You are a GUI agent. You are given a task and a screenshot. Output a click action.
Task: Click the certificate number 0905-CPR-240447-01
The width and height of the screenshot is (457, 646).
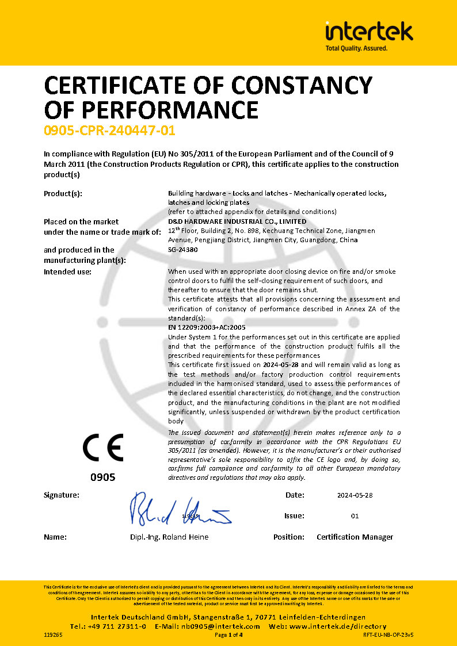(x=109, y=131)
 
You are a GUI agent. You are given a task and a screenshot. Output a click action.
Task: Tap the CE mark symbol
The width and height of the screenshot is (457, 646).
(x=103, y=448)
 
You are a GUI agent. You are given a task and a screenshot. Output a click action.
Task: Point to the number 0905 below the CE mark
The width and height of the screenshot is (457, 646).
(x=103, y=477)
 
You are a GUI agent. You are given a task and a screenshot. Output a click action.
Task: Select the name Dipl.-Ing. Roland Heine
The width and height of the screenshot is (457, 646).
(x=169, y=537)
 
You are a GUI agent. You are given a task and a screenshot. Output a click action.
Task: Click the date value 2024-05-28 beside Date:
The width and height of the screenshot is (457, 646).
(x=355, y=495)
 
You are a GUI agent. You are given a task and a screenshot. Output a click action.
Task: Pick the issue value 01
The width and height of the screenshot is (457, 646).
(x=355, y=516)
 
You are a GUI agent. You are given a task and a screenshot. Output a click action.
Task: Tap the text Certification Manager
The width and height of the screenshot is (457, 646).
(x=355, y=537)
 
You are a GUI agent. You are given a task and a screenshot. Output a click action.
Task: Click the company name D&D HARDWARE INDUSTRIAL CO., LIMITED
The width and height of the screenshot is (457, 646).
(x=237, y=221)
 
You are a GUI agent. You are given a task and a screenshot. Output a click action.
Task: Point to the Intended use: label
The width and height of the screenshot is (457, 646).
(x=68, y=272)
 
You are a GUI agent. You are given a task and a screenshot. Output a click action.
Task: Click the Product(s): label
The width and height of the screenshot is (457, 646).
(x=63, y=193)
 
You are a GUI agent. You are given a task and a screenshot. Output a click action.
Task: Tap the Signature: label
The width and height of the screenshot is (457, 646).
(x=62, y=495)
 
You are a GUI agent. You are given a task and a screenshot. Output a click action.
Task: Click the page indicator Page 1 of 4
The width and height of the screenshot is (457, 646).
(x=228, y=635)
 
